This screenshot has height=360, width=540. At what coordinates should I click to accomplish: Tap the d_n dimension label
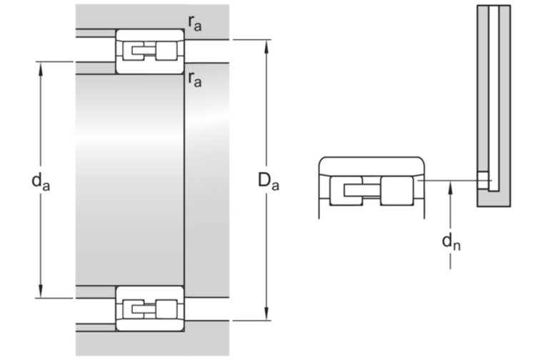(x=451, y=241)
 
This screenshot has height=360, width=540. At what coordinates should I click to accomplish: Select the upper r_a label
(x=194, y=24)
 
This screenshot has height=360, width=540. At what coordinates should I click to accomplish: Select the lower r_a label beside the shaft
(x=194, y=79)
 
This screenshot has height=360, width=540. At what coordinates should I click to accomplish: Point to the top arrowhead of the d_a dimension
(x=41, y=68)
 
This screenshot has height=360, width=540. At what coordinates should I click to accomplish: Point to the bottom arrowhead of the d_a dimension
(x=41, y=291)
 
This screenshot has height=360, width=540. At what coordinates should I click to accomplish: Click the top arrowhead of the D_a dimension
(x=266, y=46)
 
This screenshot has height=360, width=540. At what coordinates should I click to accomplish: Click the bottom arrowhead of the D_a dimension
(x=266, y=314)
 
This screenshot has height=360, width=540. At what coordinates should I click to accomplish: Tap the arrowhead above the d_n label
(x=451, y=189)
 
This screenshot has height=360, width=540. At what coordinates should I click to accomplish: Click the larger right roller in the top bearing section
(x=166, y=51)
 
